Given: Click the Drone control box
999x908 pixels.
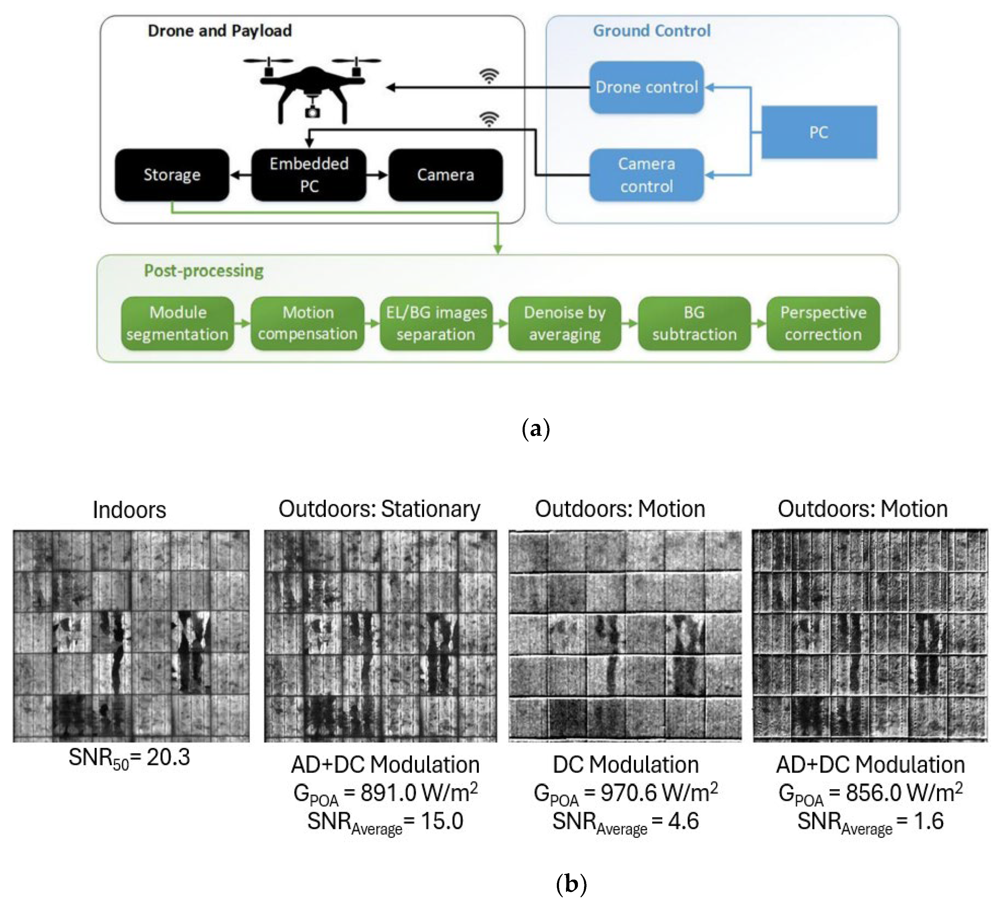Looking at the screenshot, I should click(x=646, y=87).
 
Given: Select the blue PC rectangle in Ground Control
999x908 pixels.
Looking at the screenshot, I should click(x=819, y=132).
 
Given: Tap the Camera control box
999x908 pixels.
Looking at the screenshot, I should click(x=646, y=175).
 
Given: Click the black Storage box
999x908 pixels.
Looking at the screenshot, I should click(x=172, y=175).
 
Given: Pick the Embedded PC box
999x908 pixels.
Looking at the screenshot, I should click(x=309, y=175).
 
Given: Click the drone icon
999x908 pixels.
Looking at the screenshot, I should click(x=312, y=89).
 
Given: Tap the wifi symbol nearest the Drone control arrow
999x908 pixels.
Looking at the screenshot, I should click(x=489, y=76).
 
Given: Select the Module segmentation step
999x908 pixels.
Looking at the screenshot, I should click(x=177, y=323).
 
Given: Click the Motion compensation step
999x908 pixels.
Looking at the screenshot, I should click(x=307, y=323).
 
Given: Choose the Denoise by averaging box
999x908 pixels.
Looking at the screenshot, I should click(x=564, y=323).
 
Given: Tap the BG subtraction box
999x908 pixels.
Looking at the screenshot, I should click(x=694, y=323).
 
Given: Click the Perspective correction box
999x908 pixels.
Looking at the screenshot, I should click(x=823, y=323).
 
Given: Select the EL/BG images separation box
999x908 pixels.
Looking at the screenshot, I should click(x=436, y=323).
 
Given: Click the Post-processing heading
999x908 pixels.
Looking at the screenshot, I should click(x=204, y=271).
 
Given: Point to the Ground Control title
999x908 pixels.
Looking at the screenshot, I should click(x=652, y=31).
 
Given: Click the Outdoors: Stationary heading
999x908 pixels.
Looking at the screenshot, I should click(x=379, y=509).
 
